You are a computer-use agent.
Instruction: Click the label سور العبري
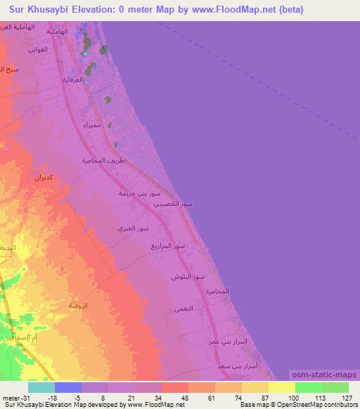(134, 229)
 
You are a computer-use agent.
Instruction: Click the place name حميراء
(93, 124)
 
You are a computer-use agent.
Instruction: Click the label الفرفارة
(73, 79)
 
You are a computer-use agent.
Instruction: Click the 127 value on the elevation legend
(345, 397)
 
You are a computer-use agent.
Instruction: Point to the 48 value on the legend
(184, 397)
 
